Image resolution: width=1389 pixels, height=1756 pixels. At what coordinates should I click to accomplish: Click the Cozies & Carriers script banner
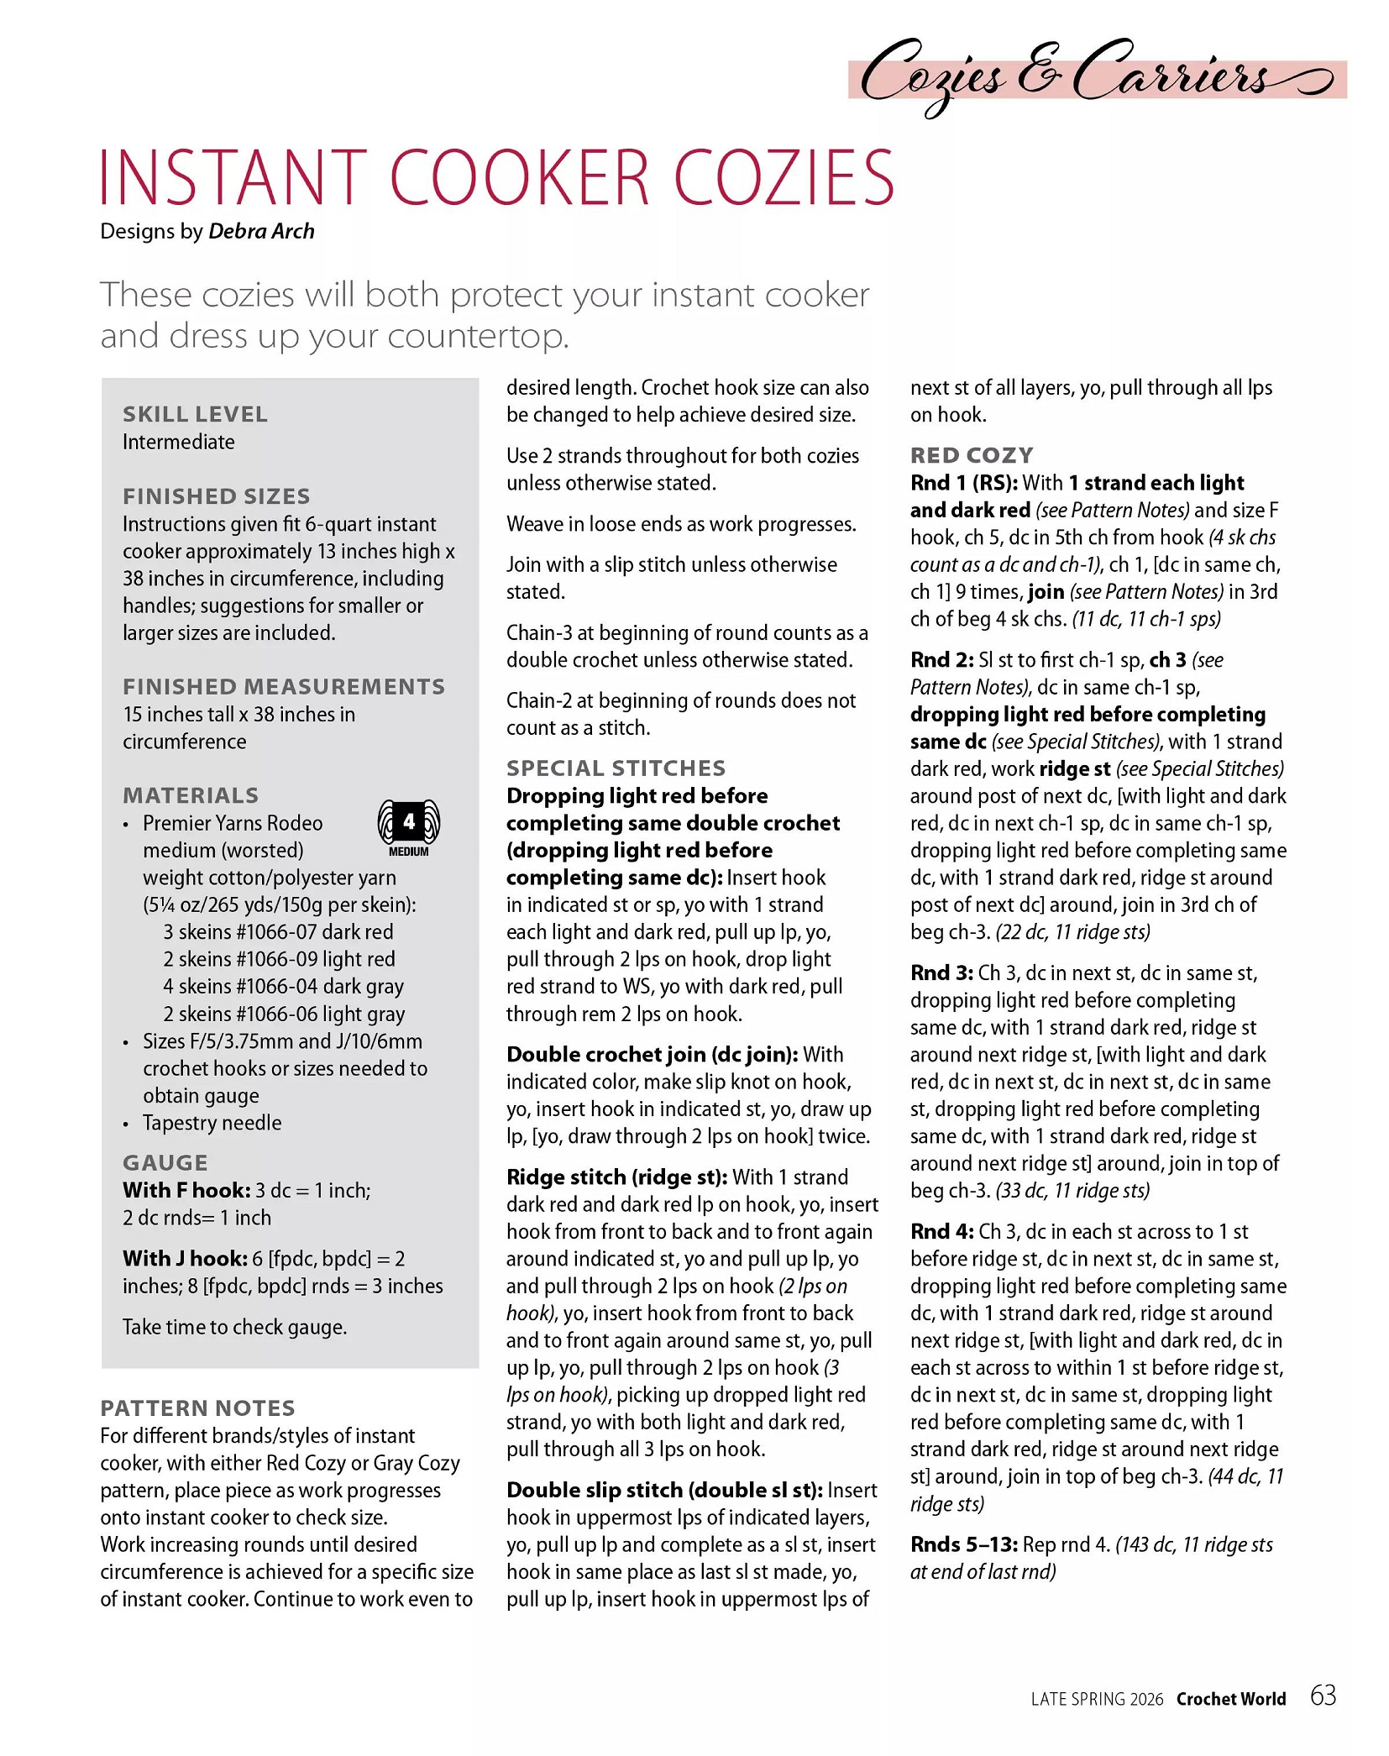tap(1096, 77)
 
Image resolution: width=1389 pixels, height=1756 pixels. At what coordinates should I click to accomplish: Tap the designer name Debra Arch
tap(261, 231)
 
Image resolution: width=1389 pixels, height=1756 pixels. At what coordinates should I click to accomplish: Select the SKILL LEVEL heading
tap(195, 414)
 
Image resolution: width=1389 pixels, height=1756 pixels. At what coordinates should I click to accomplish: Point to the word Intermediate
tap(178, 442)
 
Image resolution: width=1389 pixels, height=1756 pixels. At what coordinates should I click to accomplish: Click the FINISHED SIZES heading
tap(216, 496)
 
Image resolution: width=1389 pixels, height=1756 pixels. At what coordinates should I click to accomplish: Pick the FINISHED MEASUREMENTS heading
tap(283, 686)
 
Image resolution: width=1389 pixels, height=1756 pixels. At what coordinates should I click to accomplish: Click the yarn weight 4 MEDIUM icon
tap(409, 827)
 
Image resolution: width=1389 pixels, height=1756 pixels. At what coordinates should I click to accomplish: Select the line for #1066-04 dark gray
tap(283, 986)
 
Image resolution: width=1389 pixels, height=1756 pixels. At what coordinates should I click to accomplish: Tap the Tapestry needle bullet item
tap(212, 1123)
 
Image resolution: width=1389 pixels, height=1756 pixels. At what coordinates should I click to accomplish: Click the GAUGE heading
tap(165, 1162)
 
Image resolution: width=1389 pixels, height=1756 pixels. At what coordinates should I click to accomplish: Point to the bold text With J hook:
tap(185, 1258)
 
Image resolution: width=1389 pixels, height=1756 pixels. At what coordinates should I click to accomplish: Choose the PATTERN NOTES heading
tap(197, 1408)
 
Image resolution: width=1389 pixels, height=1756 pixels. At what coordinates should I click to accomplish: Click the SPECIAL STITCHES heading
tap(616, 768)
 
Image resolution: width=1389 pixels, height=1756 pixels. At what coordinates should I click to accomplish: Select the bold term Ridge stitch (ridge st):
tap(616, 1177)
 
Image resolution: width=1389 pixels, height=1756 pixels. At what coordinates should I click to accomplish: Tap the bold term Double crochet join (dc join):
tap(652, 1054)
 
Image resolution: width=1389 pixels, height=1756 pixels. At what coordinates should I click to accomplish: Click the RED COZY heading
tap(972, 455)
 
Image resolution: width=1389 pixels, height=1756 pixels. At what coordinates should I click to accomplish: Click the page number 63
tap(1323, 1696)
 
